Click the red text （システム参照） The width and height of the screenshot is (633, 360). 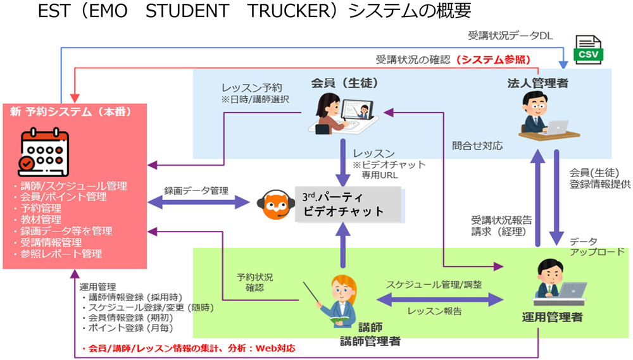point(494,59)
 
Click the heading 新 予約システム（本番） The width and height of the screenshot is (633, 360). point(70,112)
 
